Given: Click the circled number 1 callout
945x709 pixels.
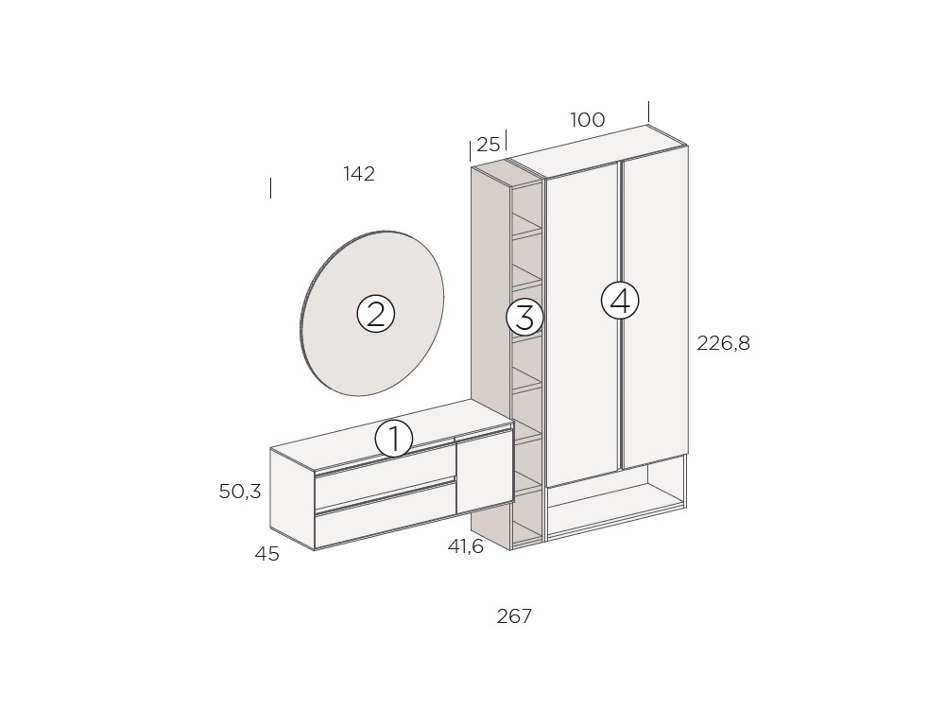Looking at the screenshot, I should [394, 439].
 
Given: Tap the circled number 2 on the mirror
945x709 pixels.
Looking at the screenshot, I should [375, 313].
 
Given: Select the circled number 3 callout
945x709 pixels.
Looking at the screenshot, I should [524, 317].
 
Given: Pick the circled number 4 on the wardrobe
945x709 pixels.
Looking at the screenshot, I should [620, 300].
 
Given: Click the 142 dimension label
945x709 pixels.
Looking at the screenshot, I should [359, 174].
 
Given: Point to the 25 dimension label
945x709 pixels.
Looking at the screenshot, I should [488, 145].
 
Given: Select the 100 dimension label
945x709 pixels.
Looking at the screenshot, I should [587, 120].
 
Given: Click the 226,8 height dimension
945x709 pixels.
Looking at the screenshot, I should [723, 343].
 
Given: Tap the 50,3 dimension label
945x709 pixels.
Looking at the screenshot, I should [239, 492].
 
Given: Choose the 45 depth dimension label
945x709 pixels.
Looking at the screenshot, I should [266, 555].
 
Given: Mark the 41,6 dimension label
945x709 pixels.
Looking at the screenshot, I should [465, 546].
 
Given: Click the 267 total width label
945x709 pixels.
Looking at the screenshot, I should [514, 616].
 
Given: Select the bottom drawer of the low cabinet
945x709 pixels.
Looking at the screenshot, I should [384, 515].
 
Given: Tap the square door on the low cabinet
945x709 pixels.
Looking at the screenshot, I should [484, 472].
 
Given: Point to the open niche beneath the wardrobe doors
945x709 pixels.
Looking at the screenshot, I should [614, 501].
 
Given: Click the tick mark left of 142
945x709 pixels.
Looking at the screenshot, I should [271, 187].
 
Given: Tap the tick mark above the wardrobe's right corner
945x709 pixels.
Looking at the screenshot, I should [648, 111].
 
